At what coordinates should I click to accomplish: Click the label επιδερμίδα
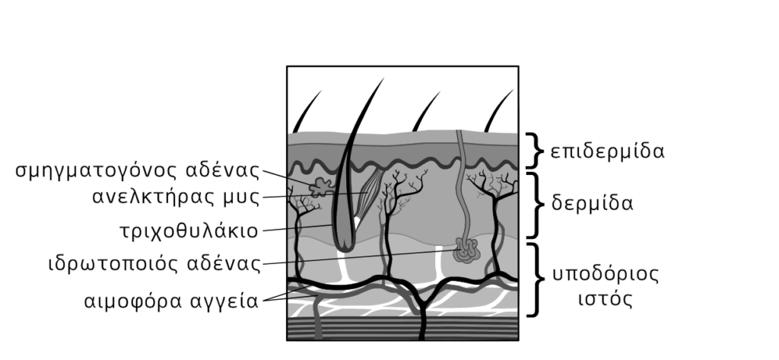point(607,150)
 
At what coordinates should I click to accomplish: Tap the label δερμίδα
point(592,205)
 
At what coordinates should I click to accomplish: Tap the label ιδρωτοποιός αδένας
point(151,264)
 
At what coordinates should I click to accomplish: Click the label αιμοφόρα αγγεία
point(172,299)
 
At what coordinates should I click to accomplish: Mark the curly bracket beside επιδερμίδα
point(534,150)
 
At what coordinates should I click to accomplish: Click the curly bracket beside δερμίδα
point(534,205)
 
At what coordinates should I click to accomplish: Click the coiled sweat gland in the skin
point(465,250)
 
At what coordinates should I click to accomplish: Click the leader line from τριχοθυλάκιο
point(297,228)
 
